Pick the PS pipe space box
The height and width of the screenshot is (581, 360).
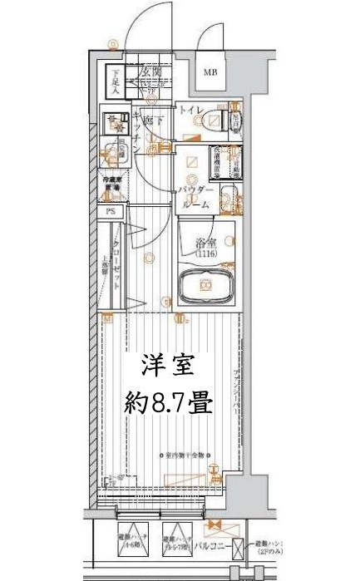(x=111, y=212)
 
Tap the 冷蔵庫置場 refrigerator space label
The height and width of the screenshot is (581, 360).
(x=112, y=183)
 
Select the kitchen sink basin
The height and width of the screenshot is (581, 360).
(x=108, y=155)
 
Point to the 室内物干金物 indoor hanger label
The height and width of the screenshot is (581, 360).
(x=184, y=455)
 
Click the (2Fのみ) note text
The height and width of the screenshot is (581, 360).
(x=271, y=552)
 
